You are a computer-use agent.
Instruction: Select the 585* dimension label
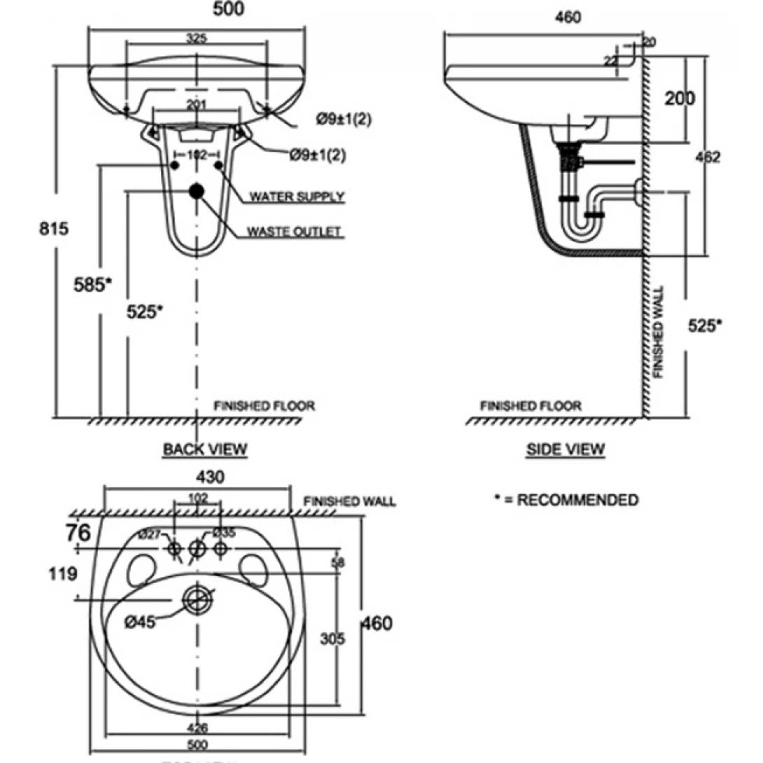[92, 283]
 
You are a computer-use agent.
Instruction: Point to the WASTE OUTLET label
[297, 232]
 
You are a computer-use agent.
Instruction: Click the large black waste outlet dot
[197, 190]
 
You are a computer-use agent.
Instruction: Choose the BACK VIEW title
[205, 449]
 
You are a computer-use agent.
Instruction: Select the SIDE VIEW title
[565, 449]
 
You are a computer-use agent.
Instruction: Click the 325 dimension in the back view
[197, 39]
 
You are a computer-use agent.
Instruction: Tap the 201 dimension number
[197, 104]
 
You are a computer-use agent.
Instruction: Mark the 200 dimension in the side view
[680, 99]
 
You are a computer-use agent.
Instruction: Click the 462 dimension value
[708, 157]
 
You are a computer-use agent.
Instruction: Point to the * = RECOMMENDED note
[566, 500]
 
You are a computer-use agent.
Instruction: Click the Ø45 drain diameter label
[140, 621]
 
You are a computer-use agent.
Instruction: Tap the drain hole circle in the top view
[198, 600]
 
